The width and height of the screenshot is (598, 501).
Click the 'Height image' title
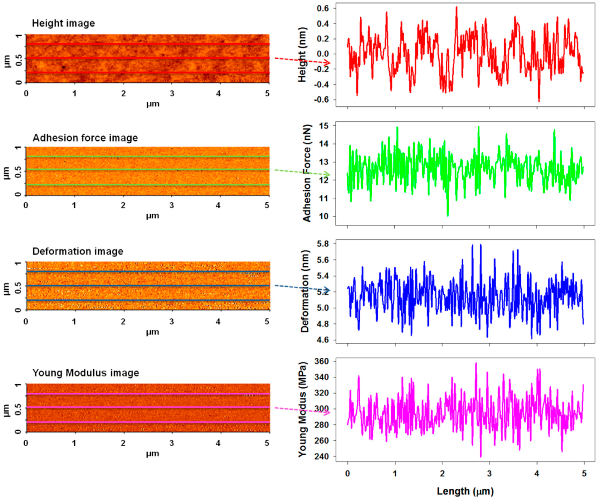[x=63, y=23]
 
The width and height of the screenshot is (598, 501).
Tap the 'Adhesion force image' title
[x=85, y=138]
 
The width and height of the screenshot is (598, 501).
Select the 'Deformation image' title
[x=78, y=251]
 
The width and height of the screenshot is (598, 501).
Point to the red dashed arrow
[x=302, y=61]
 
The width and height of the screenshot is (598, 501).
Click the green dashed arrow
[x=302, y=172]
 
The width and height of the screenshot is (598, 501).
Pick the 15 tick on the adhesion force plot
[x=324, y=126]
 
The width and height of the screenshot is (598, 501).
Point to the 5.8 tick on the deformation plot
[x=323, y=244]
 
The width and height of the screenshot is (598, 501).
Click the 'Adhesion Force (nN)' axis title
[x=307, y=174]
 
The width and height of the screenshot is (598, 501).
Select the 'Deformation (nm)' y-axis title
[x=305, y=291]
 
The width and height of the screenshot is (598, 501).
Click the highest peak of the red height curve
[x=456, y=7]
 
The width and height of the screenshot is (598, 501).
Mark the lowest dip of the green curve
[x=448, y=216]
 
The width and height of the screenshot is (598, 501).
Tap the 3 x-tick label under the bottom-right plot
[x=489, y=474]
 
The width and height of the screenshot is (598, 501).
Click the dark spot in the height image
[x=63, y=67]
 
